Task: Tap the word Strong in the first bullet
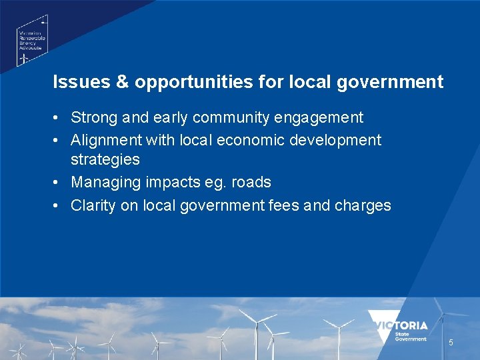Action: coord(92,118)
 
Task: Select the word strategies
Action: coord(105,159)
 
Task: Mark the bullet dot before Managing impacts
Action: coord(59,182)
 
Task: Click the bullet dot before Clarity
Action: coord(59,205)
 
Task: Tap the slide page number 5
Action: coord(451,343)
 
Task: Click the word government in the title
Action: coord(399,83)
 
